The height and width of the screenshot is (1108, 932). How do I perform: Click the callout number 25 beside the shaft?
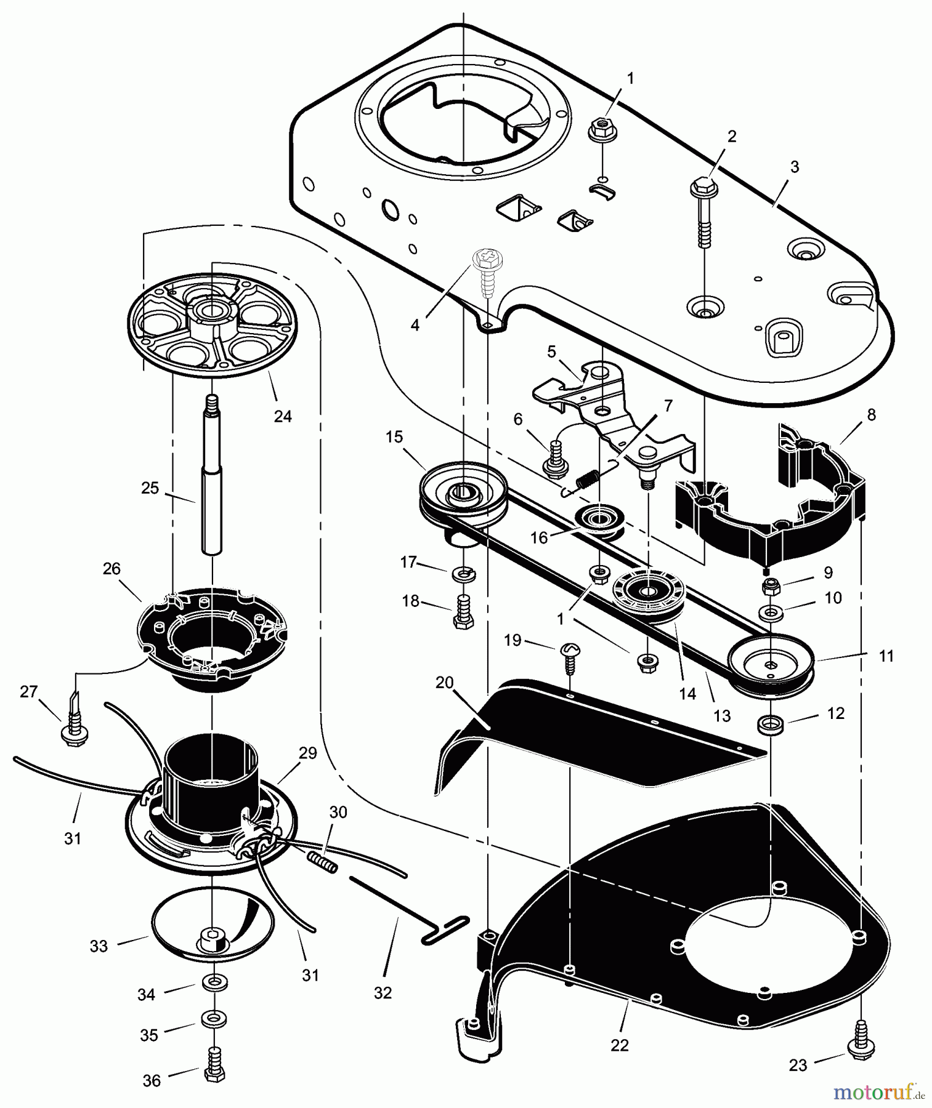point(150,488)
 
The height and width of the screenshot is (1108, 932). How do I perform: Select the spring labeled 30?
point(323,857)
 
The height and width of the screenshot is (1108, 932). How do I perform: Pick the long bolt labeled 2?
point(703,212)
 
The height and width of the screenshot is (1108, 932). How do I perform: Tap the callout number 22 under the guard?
point(620,1045)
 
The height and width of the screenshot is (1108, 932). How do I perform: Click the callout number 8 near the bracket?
point(870,415)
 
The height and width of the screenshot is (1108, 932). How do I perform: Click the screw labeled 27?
point(74,726)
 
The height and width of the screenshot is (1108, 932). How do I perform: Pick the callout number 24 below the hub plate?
point(282,417)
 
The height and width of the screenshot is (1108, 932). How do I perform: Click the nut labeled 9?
point(771,587)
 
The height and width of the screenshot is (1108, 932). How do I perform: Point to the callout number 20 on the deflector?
point(444,683)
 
